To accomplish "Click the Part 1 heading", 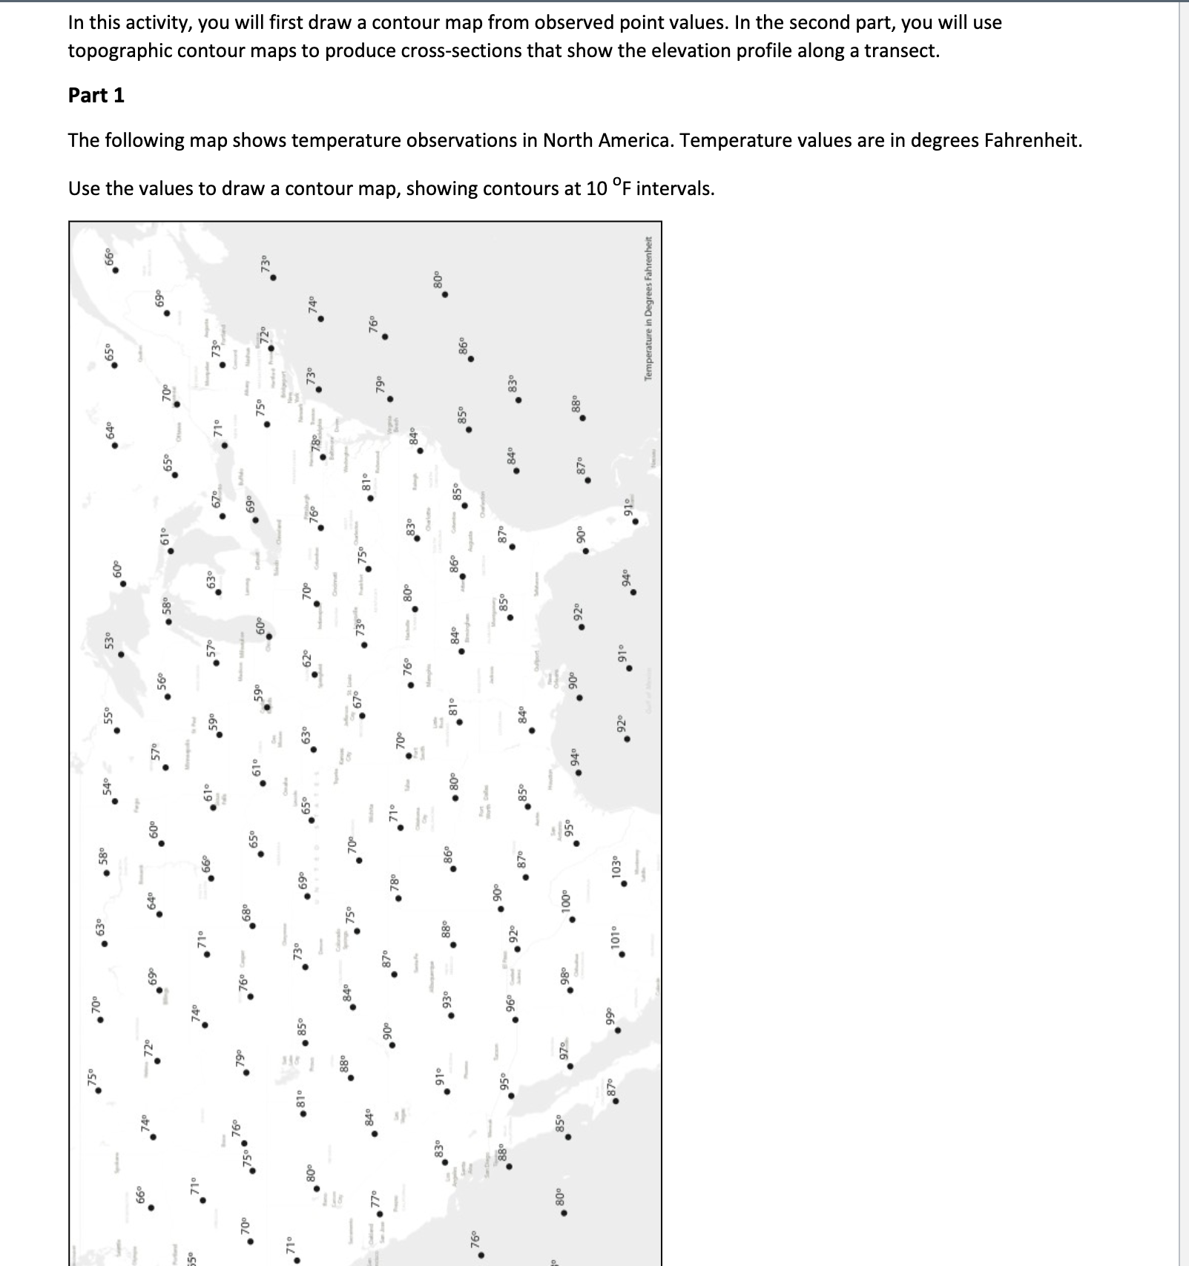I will click(96, 95).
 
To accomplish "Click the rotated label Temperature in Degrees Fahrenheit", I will click(649, 308).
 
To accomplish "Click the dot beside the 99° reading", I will click(618, 1030).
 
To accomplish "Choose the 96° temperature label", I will click(510, 1003).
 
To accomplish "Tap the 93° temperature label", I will click(446, 999).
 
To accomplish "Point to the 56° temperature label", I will click(162, 681).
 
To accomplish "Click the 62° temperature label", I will click(307, 659).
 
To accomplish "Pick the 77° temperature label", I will click(374, 1198).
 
